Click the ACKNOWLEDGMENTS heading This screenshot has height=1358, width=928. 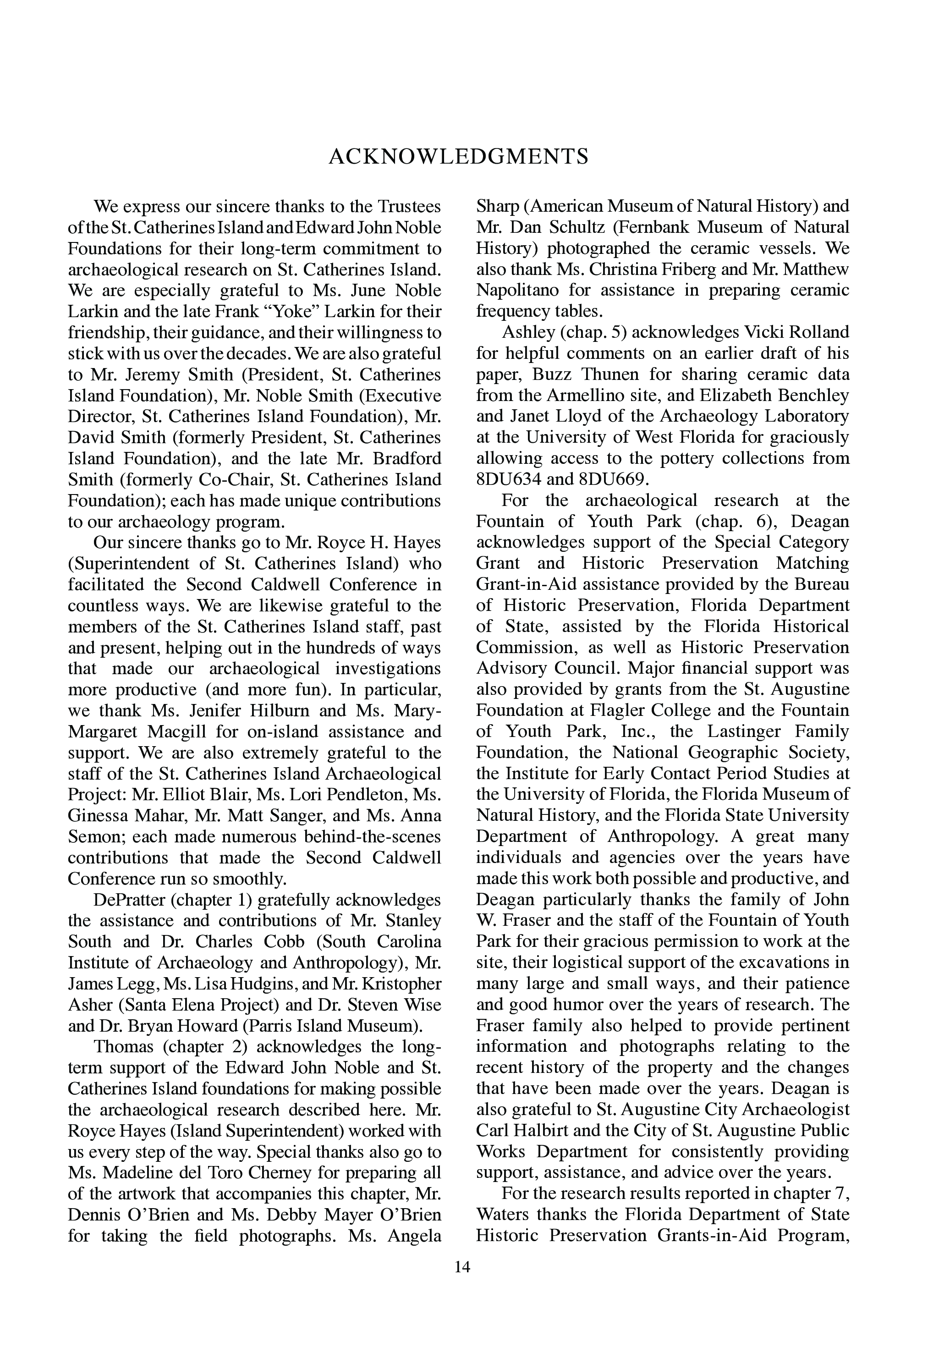point(459,157)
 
